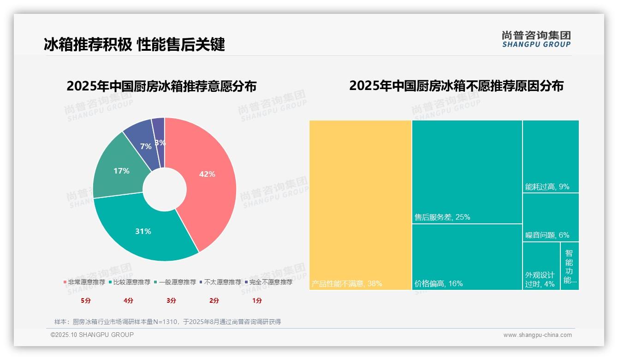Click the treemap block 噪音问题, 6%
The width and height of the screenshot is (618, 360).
(550, 217)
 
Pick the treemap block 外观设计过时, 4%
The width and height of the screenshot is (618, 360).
(541, 266)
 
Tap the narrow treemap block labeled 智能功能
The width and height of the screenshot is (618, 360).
(570, 266)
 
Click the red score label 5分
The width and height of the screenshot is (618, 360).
(86, 300)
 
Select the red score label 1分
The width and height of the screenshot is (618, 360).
(257, 300)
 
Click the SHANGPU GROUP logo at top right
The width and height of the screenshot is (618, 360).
(536, 39)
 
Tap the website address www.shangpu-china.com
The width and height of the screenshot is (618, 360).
(537, 335)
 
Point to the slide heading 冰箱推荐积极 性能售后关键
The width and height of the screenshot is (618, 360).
(134, 44)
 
